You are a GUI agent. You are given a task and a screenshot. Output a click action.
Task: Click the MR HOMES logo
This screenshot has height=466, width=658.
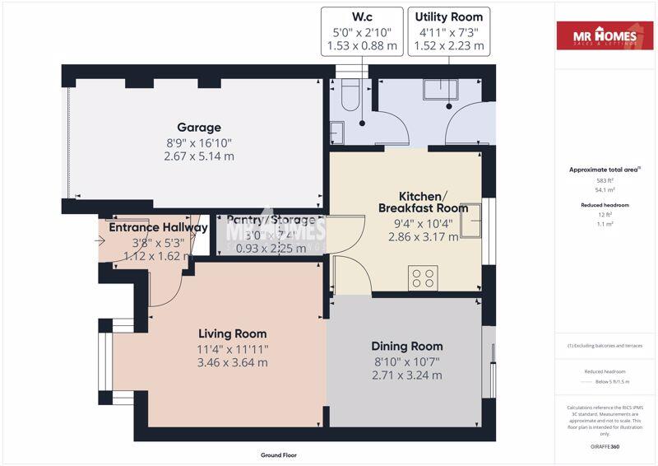605,35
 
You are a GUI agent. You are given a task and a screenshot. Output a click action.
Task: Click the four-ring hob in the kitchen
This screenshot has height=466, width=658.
424,277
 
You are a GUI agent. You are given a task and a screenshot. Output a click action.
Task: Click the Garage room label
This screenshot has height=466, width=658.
199,128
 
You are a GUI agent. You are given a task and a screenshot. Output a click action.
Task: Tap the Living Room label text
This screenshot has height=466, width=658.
233,333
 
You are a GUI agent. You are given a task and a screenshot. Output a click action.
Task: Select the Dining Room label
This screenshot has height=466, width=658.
406,346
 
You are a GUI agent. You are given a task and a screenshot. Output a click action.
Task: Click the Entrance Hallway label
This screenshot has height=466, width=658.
158,228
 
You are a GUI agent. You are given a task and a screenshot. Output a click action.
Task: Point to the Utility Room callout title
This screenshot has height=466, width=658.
448,17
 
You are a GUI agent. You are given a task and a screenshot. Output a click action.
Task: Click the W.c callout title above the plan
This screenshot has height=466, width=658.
362,17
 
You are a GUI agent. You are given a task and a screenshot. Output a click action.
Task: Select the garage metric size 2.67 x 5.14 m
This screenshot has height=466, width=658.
199,156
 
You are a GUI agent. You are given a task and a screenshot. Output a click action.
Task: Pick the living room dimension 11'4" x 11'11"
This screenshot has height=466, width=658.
233,348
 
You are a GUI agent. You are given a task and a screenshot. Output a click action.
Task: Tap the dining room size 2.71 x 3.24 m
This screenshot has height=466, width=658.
406,375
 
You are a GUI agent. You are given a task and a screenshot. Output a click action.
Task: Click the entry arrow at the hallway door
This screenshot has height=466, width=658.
100,241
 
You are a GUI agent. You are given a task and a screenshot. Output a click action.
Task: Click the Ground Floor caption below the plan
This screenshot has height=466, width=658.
278,454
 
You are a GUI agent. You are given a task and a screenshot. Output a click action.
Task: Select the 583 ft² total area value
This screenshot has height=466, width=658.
605,179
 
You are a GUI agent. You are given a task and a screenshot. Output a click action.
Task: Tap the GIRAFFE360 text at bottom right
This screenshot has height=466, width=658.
605,445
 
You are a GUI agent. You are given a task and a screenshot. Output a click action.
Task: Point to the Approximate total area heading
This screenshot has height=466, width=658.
605,170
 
